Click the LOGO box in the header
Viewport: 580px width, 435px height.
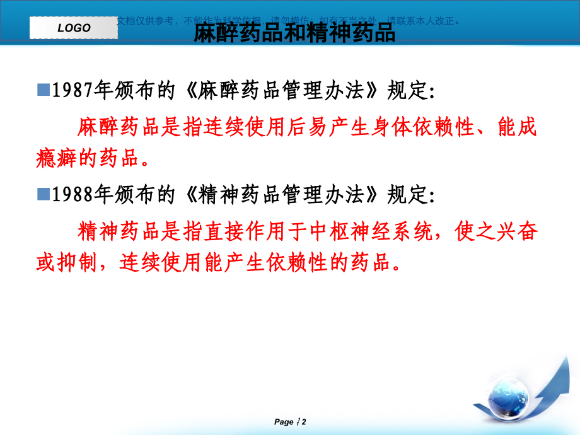74,28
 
